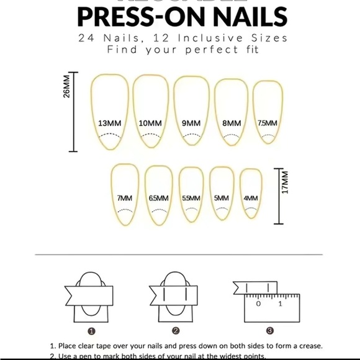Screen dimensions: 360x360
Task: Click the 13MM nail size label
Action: point(110,123)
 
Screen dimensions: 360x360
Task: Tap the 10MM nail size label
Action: point(150,123)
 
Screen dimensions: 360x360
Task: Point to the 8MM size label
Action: point(231,123)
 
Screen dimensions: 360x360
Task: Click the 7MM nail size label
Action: point(124,198)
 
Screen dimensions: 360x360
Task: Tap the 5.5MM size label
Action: point(191,198)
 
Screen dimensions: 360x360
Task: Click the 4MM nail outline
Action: point(251,193)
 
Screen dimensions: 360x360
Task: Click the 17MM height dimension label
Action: point(284,186)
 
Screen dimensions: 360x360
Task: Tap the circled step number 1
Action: point(91,331)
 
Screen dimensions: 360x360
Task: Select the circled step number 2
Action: point(176,331)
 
